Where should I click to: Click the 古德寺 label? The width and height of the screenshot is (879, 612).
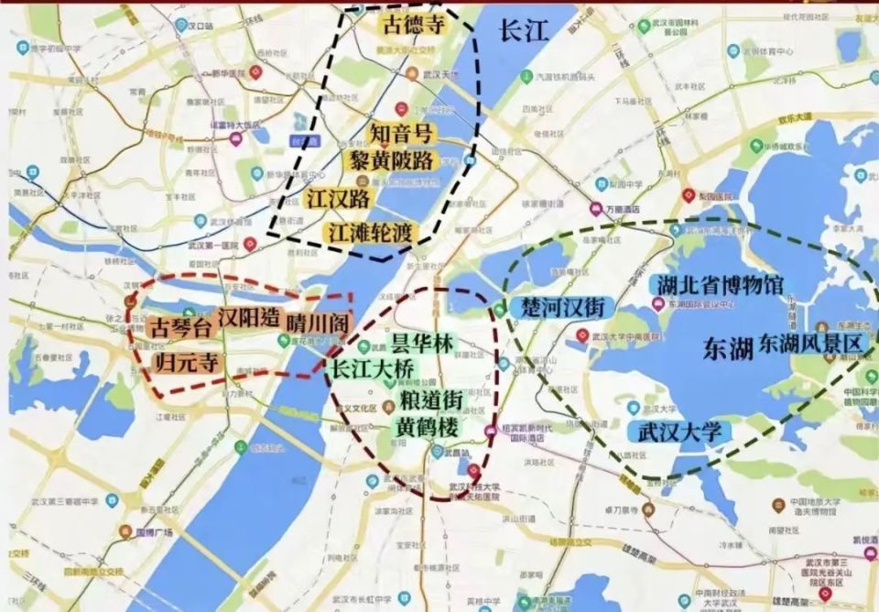click(413, 25)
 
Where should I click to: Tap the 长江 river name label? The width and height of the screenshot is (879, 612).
click(523, 30)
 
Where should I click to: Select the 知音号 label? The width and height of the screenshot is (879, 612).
click(400, 134)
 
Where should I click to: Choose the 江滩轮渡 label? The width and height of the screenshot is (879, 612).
click(372, 232)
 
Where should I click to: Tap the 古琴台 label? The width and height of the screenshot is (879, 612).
click(179, 326)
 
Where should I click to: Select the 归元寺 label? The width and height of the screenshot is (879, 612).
click(188, 361)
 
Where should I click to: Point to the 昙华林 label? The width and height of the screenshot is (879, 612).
click(421, 344)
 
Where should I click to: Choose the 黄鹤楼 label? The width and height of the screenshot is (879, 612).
click(427, 427)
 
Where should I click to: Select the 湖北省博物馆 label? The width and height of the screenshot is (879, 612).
click(717, 285)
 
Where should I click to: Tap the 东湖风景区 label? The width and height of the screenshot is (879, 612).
click(809, 343)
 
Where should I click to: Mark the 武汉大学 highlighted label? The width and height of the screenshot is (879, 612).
click(680, 432)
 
